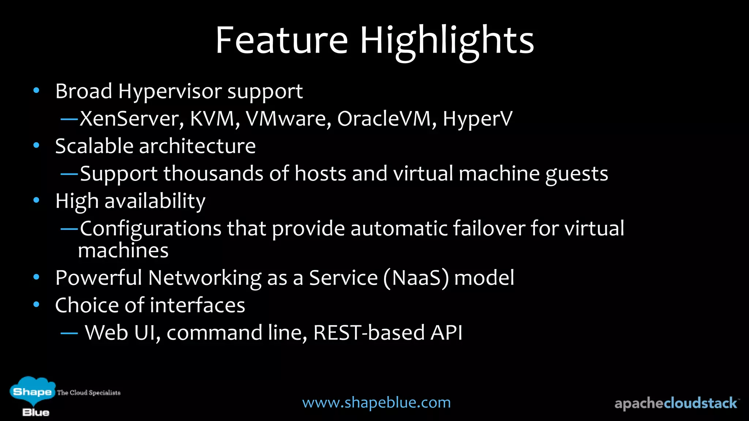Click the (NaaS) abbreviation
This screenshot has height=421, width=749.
click(416, 278)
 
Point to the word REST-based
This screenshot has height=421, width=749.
click(369, 333)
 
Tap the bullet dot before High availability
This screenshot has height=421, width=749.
click(36, 200)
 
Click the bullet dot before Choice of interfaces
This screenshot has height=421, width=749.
click(36, 304)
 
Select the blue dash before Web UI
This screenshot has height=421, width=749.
click(69, 333)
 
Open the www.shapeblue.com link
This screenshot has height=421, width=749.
click(376, 402)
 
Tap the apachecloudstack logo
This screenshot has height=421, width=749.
click(676, 403)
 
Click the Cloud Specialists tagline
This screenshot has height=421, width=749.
click(89, 392)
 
